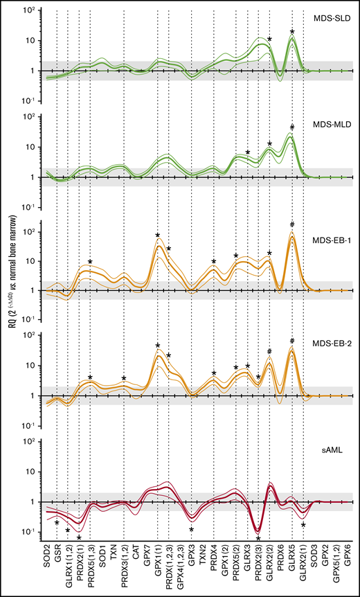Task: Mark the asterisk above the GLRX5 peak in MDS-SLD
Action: click(292, 33)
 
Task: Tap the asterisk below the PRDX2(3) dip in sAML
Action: click(258, 539)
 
